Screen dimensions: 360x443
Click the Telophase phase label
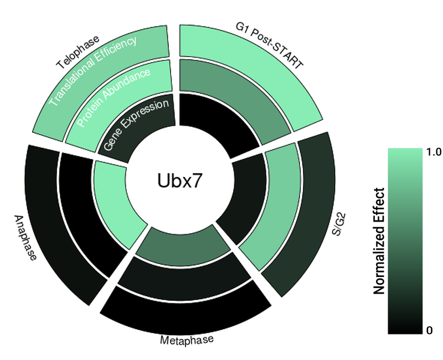click(78, 53)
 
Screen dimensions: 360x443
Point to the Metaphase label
click(186, 340)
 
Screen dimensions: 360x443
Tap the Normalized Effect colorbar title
click(379, 241)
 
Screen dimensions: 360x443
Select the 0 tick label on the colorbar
click(429, 331)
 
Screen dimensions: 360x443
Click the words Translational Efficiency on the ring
click(93, 71)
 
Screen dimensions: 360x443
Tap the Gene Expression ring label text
click(136, 126)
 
